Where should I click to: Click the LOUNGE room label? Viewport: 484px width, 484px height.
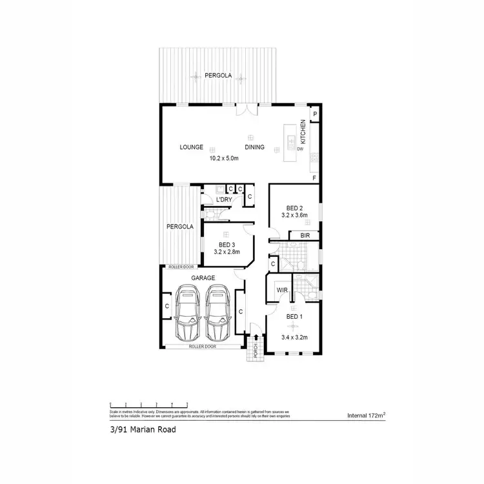(x=192, y=147)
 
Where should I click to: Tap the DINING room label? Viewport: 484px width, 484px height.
(x=255, y=147)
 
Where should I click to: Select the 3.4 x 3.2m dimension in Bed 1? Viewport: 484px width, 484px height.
(x=294, y=336)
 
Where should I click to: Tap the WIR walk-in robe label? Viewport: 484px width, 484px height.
(x=281, y=290)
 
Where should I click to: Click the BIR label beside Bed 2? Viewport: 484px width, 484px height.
(x=305, y=236)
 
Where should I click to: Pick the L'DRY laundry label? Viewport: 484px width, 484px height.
(x=223, y=200)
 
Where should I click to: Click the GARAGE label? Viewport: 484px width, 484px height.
(x=203, y=277)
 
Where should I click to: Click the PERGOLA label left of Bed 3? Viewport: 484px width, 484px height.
(x=180, y=227)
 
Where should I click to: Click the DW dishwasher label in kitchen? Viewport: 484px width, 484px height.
(x=300, y=149)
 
